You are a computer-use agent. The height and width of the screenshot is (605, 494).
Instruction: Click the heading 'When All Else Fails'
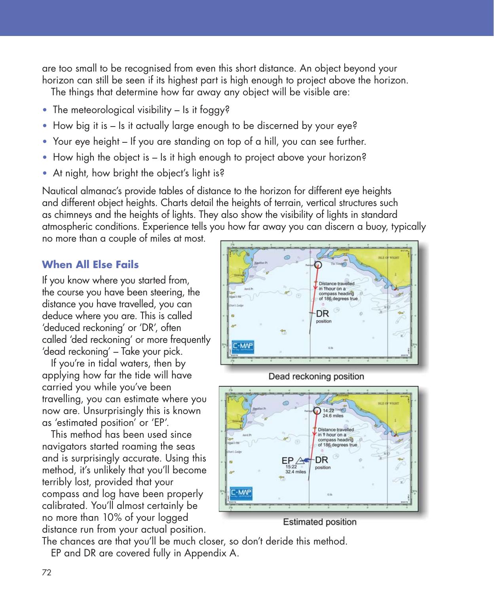point(90,264)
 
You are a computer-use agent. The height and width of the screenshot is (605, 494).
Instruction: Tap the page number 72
point(46,572)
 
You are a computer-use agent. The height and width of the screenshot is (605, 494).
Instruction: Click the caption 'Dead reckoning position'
point(316,376)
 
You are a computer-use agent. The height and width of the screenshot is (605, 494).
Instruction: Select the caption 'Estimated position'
point(319,522)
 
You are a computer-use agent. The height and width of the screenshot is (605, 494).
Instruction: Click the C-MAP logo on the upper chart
point(242,347)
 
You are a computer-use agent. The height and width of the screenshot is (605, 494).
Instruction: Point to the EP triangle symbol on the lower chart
point(300,460)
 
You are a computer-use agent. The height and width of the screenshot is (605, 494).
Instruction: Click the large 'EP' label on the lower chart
point(287,460)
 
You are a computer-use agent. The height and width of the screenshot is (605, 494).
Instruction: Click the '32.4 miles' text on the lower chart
point(295,472)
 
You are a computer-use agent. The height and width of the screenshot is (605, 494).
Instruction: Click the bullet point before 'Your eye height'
point(47,141)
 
